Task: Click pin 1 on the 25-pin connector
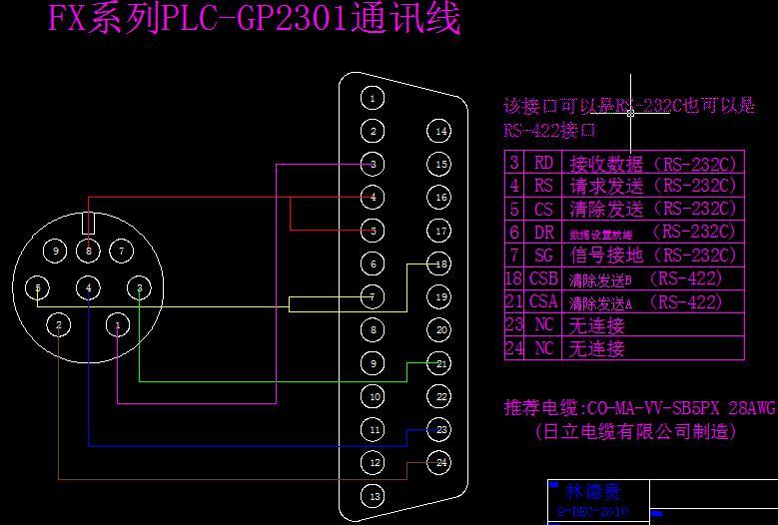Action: click(x=373, y=98)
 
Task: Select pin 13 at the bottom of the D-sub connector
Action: click(x=373, y=496)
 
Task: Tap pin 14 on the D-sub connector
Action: click(x=439, y=131)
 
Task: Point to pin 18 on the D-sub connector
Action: click(x=439, y=263)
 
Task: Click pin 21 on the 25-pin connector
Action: click(x=439, y=363)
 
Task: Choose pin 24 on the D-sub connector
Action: click(x=439, y=463)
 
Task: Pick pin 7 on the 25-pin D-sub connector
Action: click(x=373, y=297)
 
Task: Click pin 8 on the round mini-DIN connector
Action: click(x=89, y=251)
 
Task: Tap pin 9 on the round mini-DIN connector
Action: click(x=57, y=251)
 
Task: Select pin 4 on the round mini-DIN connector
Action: click(x=89, y=288)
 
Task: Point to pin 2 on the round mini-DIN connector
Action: click(x=59, y=325)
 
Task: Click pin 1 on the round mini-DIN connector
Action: click(x=118, y=325)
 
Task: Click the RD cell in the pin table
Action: click(x=543, y=163)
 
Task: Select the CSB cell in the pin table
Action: click(x=543, y=279)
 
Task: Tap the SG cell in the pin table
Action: click(x=543, y=256)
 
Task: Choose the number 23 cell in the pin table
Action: click(x=514, y=325)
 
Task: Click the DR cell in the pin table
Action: click(x=543, y=233)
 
